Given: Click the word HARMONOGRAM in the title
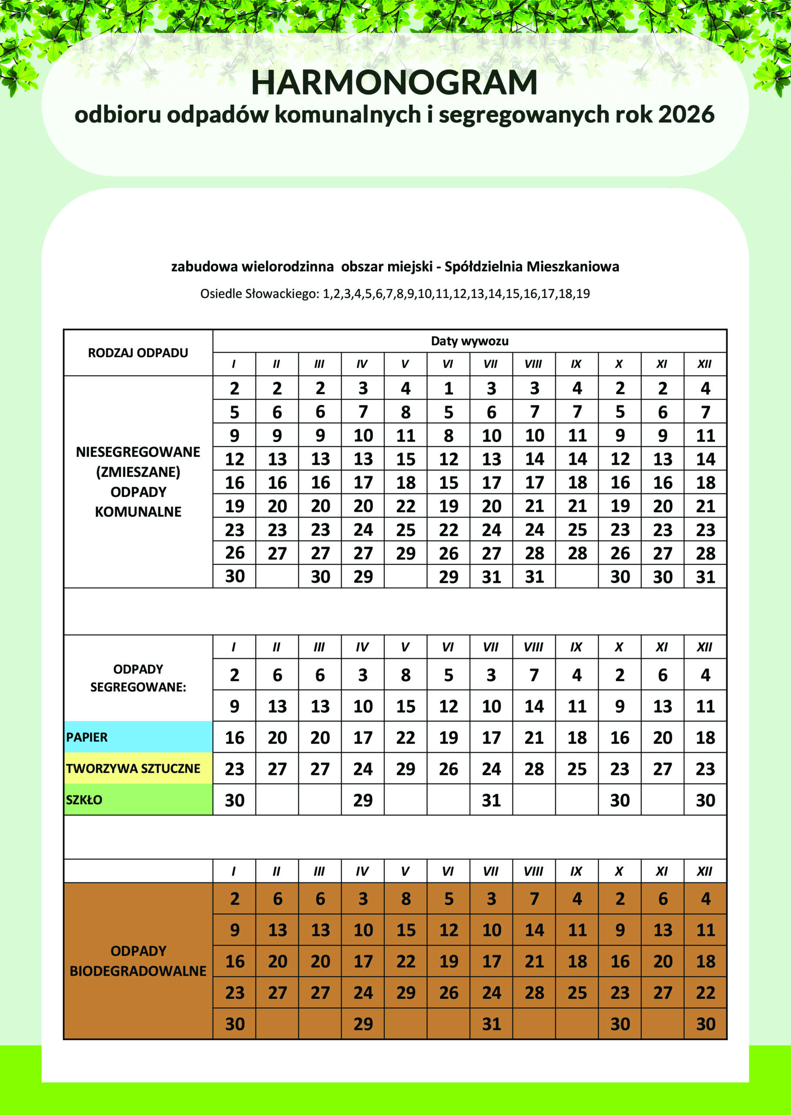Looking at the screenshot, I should point(395,82).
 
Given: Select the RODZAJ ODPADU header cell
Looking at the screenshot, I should point(138,352).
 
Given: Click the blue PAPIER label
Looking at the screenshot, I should point(87,737).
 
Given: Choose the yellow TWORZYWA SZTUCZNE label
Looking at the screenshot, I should point(133,768).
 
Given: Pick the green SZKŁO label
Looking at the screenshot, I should point(84,800).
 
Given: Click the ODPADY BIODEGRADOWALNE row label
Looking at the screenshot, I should point(138,960).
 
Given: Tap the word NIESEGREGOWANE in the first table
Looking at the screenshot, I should point(138,452).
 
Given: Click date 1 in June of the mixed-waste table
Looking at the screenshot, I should point(448,388).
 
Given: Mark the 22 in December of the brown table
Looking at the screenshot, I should point(705,992).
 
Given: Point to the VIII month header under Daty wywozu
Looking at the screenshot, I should point(534,364).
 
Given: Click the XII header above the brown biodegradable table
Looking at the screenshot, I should point(705,871).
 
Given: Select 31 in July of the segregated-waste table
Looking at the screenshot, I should point(491,800).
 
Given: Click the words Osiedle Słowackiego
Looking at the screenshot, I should point(258,294).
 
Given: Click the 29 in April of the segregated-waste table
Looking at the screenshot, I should point(363,800).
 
